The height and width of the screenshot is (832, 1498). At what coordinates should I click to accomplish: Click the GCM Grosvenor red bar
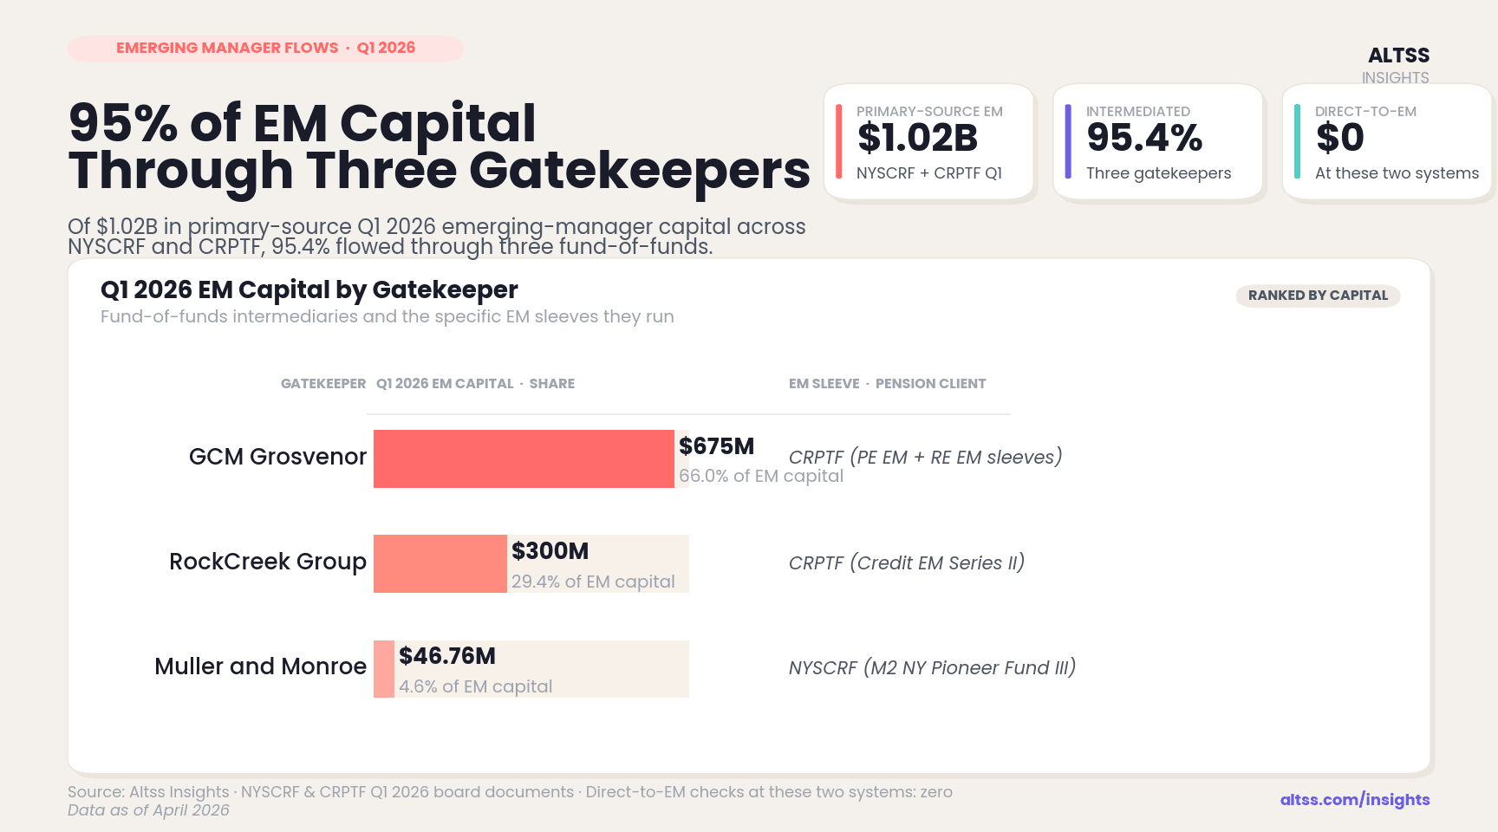point(524,458)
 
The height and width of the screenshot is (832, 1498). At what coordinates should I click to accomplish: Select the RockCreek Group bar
point(440,563)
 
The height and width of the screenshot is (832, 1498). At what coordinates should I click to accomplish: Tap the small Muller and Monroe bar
point(384,668)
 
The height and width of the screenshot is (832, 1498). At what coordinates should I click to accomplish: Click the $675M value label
point(716,446)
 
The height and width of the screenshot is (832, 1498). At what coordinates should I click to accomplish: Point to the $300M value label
point(550,551)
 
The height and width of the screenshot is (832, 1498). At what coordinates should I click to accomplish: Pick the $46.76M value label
point(447,656)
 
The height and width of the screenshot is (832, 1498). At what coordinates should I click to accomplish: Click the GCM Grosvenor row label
point(277,457)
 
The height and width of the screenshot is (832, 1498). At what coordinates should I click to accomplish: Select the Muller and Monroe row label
point(260,666)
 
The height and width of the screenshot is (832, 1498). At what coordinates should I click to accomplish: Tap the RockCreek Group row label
point(268,562)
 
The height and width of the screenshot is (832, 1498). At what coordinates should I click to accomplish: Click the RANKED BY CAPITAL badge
point(1318,296)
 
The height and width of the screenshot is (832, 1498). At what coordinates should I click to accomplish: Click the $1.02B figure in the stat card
point(917,139)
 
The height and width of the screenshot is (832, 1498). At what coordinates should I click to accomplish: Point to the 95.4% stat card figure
point(1144,139)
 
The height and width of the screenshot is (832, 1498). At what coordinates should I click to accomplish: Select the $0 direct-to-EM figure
point(1339,139)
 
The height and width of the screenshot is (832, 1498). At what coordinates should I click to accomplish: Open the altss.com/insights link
point(1355,800)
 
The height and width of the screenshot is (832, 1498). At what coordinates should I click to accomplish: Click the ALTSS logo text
point(1398,55)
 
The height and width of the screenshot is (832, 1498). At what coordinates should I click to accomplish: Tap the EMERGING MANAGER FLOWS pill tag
point(265,49)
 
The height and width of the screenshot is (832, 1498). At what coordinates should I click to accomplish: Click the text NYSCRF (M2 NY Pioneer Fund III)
point(932,668)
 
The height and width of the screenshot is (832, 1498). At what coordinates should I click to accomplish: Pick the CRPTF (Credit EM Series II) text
point(907,563)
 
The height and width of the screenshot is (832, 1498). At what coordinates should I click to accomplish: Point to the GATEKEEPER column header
point(323,384)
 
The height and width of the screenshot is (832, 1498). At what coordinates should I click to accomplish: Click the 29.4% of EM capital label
point(593,582)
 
